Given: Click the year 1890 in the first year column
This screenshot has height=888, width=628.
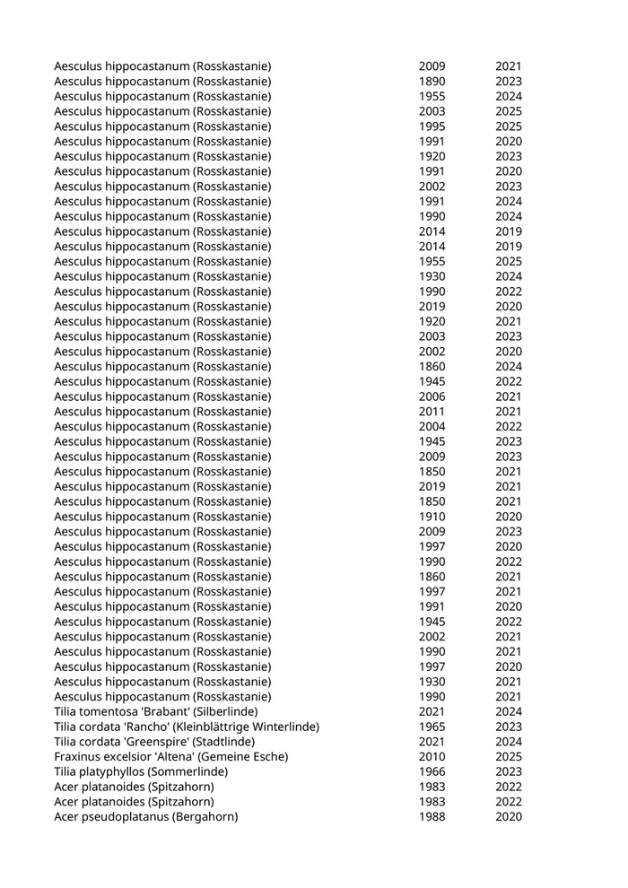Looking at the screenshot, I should tap(432, 82).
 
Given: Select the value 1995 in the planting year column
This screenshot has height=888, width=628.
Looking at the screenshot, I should tap(432, 126).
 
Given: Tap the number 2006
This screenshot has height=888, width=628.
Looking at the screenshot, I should tap(432, 396).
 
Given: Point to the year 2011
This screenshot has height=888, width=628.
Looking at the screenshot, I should tap(432, 412).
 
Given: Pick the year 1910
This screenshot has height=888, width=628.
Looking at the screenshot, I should tap(432, 517).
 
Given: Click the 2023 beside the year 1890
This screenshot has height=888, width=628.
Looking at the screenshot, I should tap(509, 82).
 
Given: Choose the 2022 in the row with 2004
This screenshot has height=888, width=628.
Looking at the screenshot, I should tap(509, 427).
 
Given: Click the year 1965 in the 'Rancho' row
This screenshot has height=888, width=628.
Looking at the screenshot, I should tap(432, 727).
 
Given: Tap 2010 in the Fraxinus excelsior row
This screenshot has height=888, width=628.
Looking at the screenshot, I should tap(432, 757).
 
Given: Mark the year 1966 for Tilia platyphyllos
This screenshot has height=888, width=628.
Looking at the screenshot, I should tap(432, 772).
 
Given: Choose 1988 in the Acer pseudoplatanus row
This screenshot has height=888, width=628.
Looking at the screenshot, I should tap(432, 817).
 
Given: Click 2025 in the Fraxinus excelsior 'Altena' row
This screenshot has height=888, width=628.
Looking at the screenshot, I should tap(509, 757).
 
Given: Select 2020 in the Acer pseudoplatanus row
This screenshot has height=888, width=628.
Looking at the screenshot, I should tap(509, 817).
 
